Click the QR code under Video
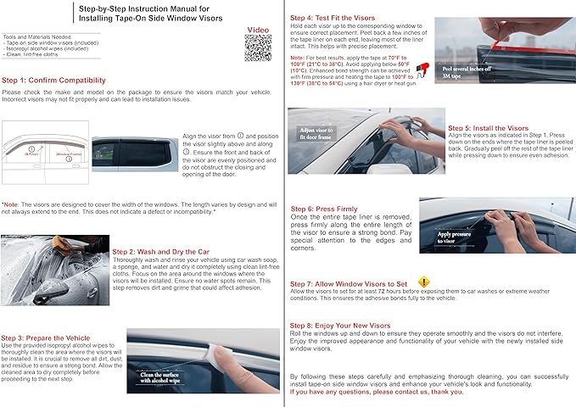258,49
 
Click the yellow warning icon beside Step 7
424,282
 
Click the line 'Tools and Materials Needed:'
38,38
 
